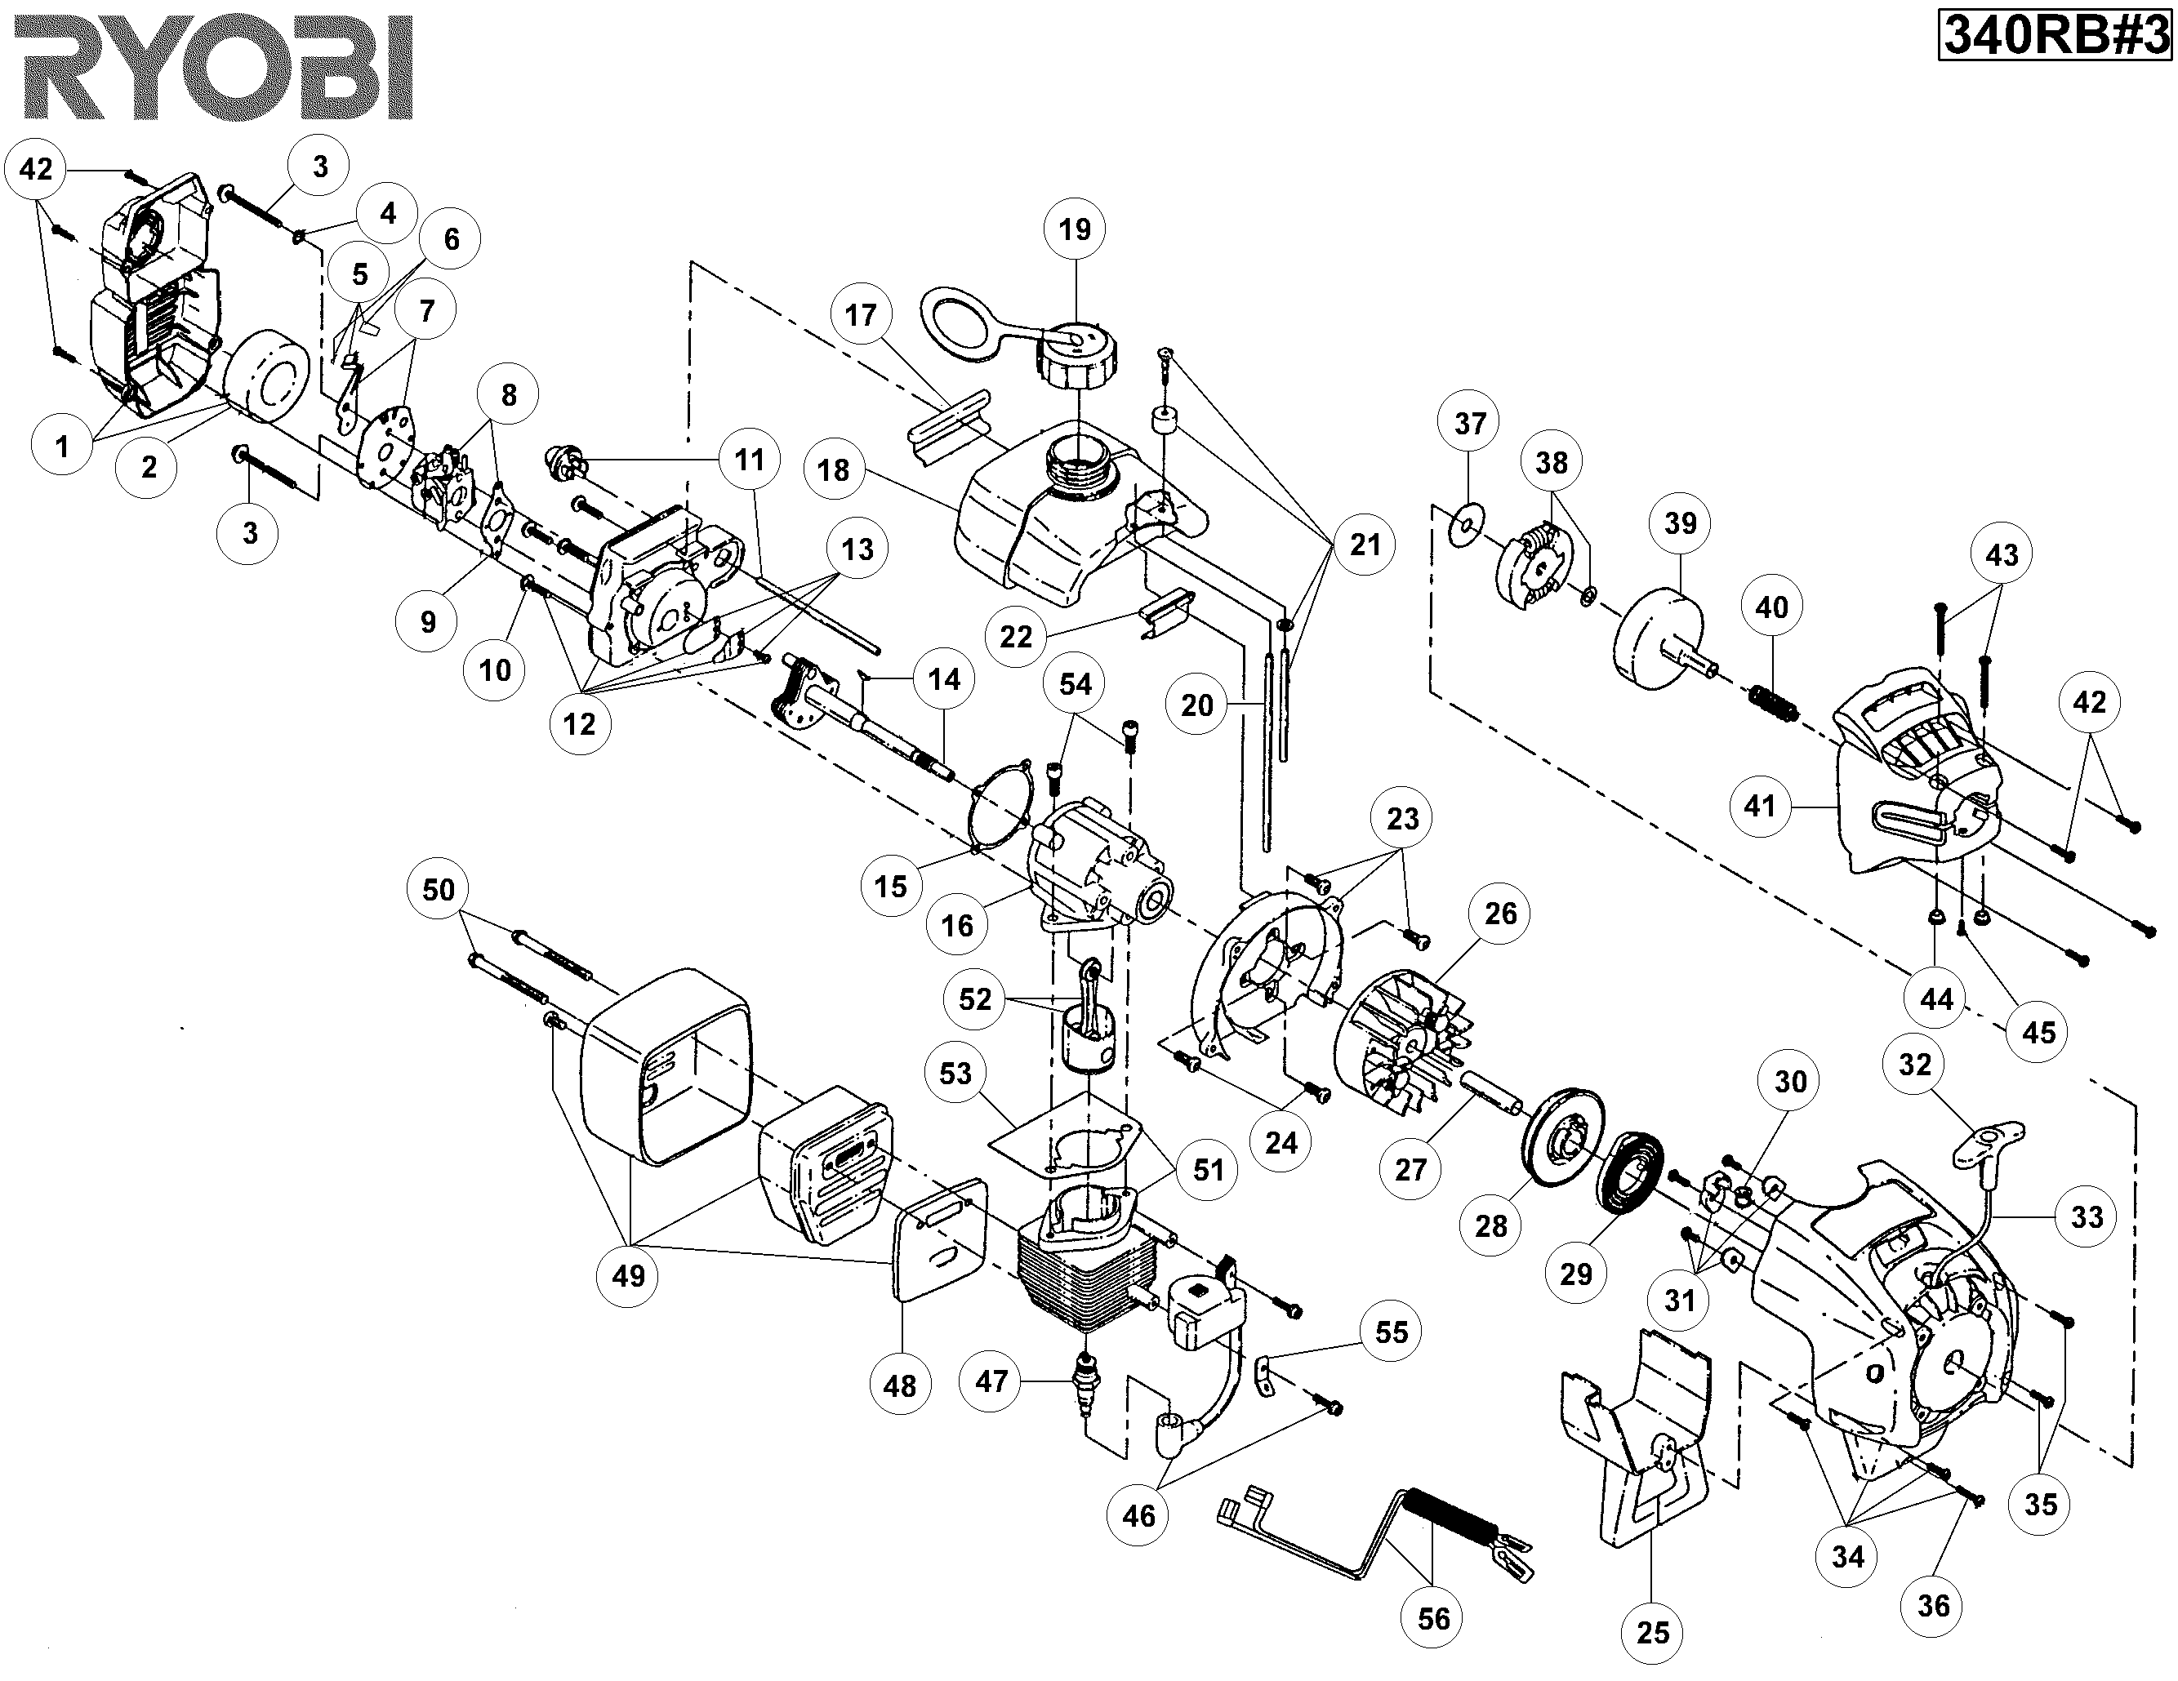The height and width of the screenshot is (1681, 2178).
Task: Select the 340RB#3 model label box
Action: tap(2055, 37)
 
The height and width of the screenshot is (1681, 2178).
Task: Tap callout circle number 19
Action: tap(1074, 230)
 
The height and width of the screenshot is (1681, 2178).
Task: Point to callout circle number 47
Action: tap(991, 1381)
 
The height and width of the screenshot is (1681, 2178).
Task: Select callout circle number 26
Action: tap(1500, 914)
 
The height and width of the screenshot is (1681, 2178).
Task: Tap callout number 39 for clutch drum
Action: tap(1681, 523)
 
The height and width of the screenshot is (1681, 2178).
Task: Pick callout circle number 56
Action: tap(1433, 1617)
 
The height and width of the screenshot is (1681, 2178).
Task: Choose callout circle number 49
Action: tap(628, 1275)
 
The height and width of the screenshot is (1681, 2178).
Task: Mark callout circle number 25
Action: tap(1652, 1632)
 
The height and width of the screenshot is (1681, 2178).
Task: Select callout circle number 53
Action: tap(955, 1074)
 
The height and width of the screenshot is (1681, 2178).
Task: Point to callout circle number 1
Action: tap(62, 446)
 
